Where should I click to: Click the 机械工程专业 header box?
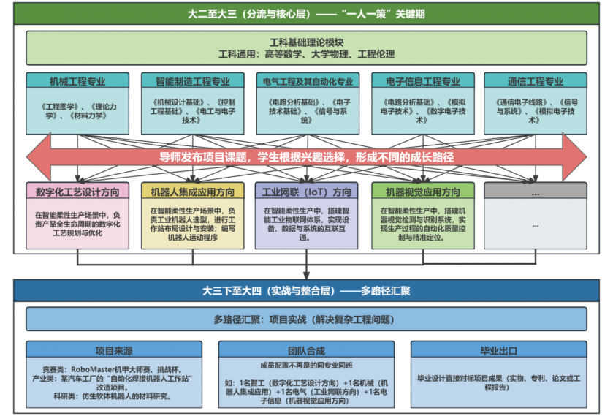[x=77, y=82]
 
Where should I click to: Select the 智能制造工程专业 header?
[x=191, y=82]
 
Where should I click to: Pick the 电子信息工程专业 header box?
[x=421, y=82]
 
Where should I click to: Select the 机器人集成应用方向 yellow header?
[x=191, y=192]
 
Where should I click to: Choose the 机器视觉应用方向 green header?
[x=421, y=192]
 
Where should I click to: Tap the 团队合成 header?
[x=305, y=349]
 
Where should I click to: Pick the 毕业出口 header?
[x=497, y=349]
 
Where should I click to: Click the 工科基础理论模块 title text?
[x=305, y=42]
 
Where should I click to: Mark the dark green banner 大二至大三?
[x=305, y=14]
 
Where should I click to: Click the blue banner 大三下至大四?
[x=305, y=290]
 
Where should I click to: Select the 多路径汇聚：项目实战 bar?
[x=305, y=319]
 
